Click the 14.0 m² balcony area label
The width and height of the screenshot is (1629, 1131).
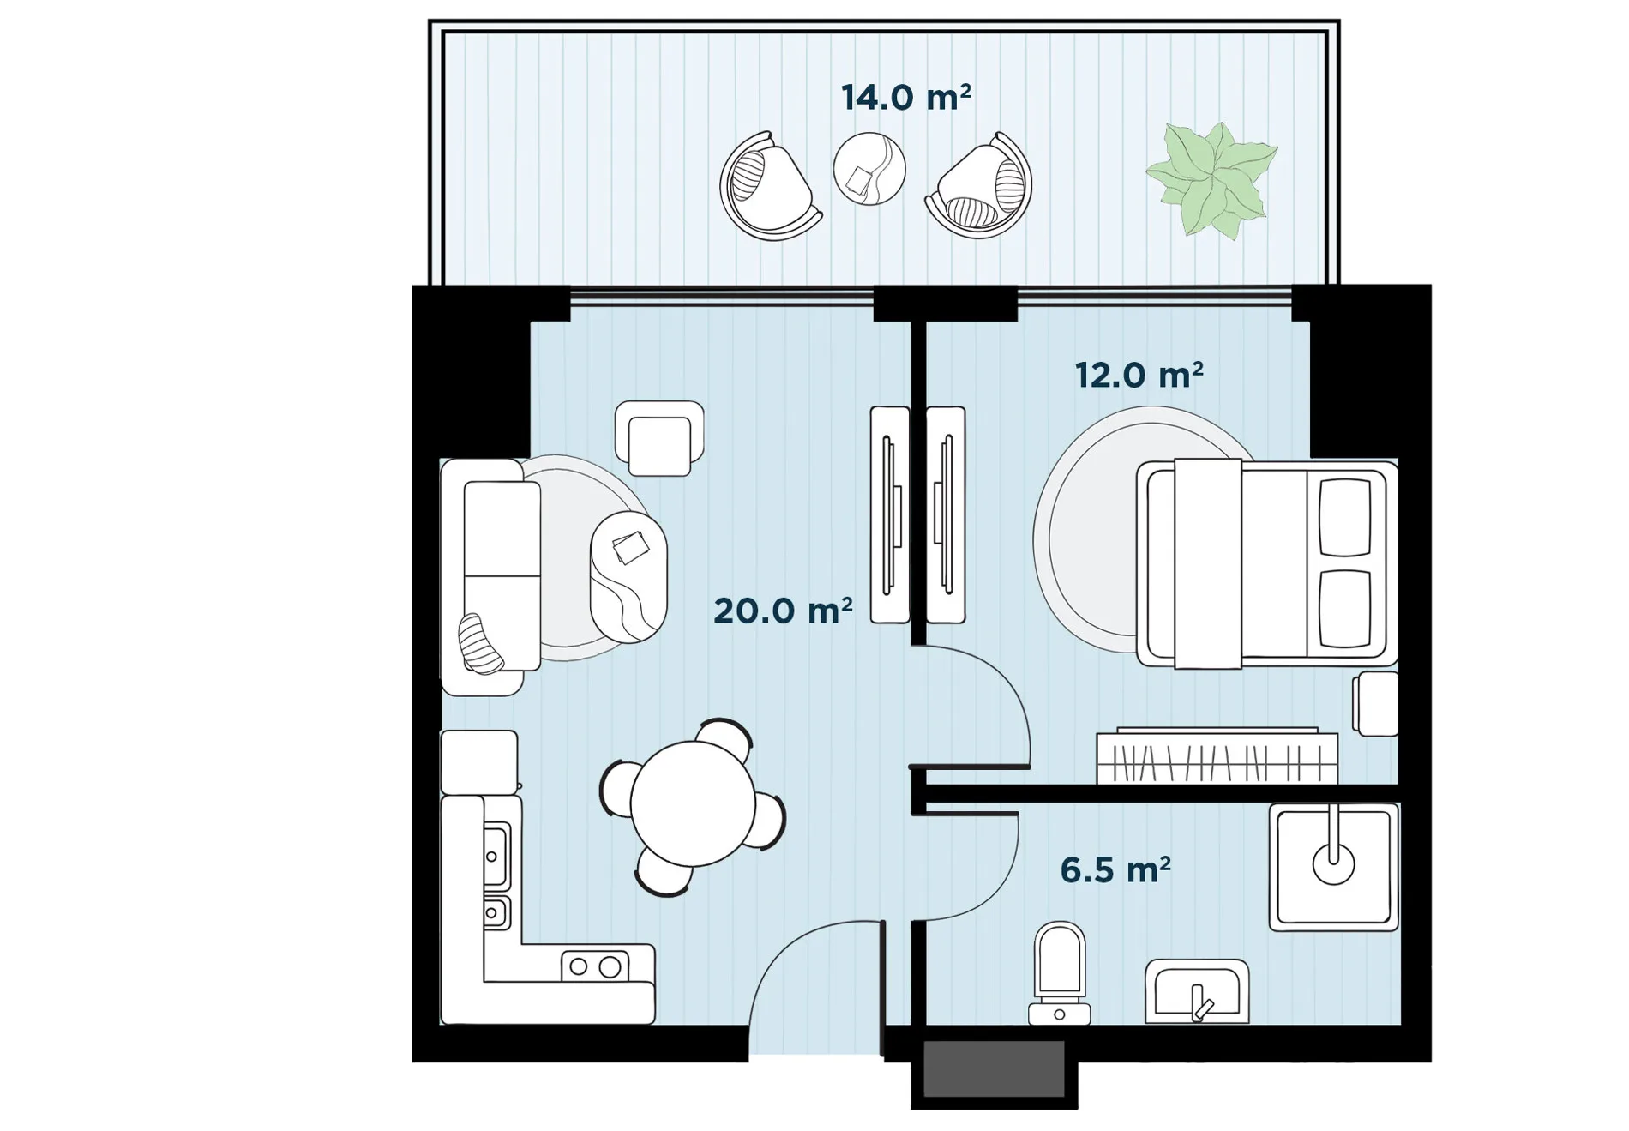pyautogui.click(x=905, y=98)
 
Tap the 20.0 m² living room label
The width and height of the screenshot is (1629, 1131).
pyautogui.click(x=783, y=611)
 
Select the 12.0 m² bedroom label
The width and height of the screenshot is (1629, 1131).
pyautogui.click(x=1139, y=375)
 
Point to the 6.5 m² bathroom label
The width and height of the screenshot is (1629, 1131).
pyautogui.click(x=1115, y=869)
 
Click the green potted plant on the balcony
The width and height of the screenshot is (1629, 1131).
pyautogui.click(x=1211, y=180)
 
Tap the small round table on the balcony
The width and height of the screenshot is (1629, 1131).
pyautogui.click(x=869, y=169)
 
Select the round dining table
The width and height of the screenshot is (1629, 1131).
pyautogui.click(x=693, y=803)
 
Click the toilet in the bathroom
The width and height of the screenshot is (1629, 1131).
pyautogui.click(x=1060, y=974)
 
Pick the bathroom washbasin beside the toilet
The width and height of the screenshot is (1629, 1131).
pyautogui.click(x=1197, y=991)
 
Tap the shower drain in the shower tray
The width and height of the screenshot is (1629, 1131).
pyautogui.click(x=1333, y=863)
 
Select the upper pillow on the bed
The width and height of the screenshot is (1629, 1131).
pyautogui.click(x=1344, y=517)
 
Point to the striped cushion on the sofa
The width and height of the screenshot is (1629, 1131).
pyautogui.click(x=480, y=644)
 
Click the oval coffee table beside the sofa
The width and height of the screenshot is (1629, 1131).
pyautogui.click(x=628, y=577)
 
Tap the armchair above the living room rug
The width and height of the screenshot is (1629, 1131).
pyautogui.click(x=659, y=438)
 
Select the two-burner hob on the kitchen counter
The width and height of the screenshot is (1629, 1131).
pyautogui.click(x=595, y=966)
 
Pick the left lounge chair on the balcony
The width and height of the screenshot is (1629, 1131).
pyautogui.click(x=770, y=186)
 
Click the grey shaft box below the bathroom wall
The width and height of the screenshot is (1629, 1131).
pyautogui.click(x=995, y=1068)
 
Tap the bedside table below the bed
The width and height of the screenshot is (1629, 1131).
pyautogui.click(x=1376, y=704)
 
